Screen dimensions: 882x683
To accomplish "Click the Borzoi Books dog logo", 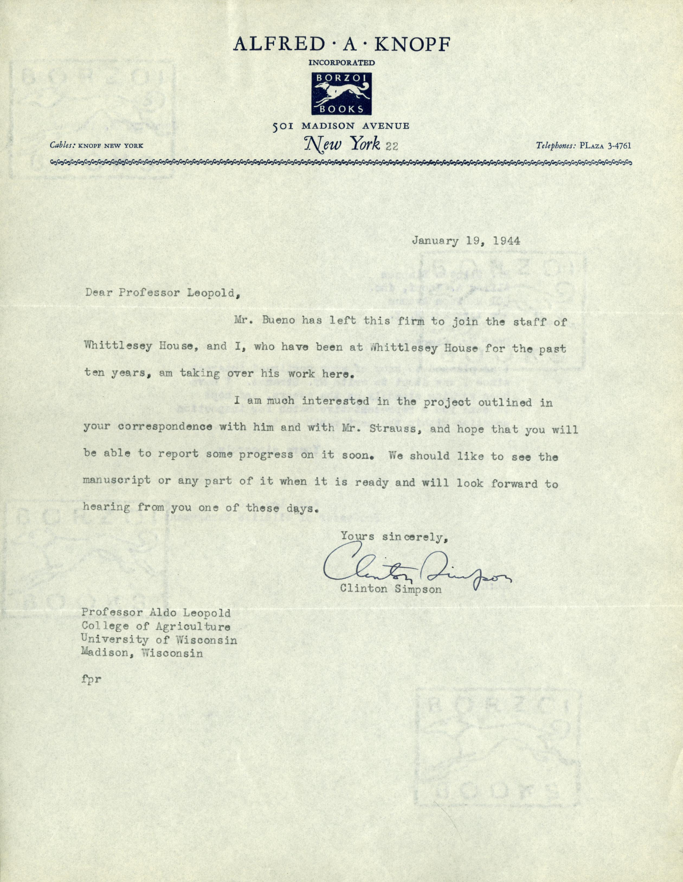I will (x=341, y=94).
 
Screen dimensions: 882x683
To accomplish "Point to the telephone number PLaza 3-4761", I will (x=605, y=146).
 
